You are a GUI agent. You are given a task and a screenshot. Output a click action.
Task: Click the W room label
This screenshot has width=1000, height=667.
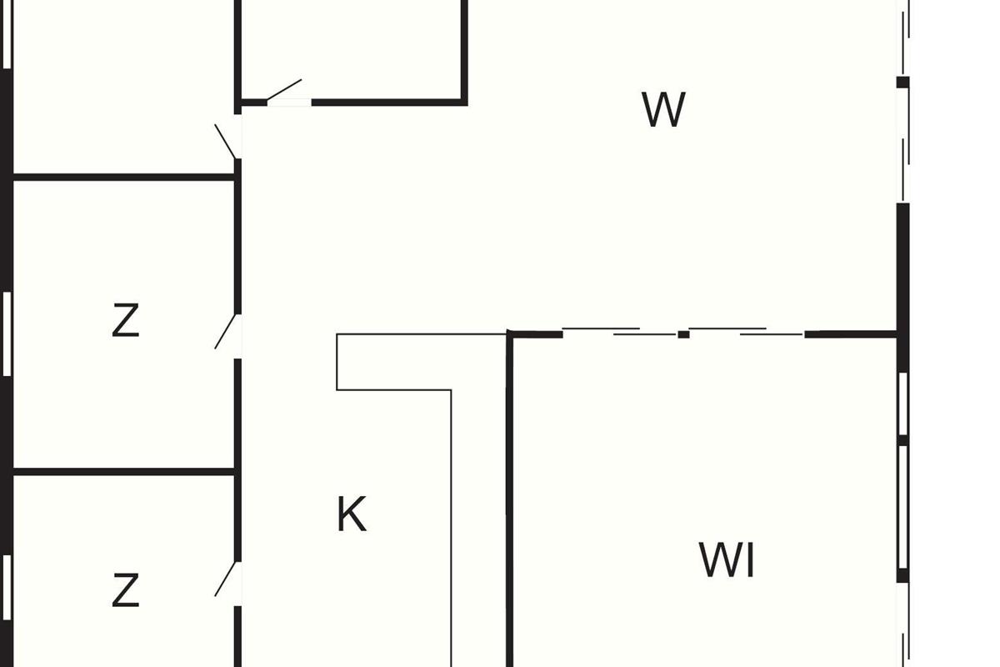pyautogui.click(x=664, y=110)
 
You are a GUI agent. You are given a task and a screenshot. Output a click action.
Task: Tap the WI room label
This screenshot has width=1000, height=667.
pyautogui.click(x=727, y=560)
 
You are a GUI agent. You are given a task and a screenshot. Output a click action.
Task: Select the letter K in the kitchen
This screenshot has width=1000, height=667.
pyautogui.click(x=351, y=514)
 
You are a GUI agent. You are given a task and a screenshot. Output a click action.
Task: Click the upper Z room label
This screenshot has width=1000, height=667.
pyautogui.click(x=125, y=321)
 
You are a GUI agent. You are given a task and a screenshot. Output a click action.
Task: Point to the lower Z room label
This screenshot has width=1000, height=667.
pyautogui.click(x=125, y=591)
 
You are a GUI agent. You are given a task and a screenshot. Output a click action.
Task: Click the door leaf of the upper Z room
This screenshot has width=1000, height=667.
pyautogui.click(x=227, y=332)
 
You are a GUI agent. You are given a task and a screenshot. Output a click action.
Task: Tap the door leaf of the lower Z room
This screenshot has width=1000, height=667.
pyautogui.click(x=227, y=579)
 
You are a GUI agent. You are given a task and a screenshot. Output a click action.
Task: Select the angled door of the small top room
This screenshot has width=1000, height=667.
pyautogui.click(x=284, y=89)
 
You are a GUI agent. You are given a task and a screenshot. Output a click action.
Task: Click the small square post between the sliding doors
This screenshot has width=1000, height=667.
pyautogui.click(x=683, y=334)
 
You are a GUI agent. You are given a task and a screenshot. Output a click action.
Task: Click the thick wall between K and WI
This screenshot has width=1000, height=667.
pyautogui.click(x=509, y=500)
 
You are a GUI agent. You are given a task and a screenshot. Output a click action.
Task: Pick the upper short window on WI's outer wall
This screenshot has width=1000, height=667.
pyautogui.click(x=902, y=403)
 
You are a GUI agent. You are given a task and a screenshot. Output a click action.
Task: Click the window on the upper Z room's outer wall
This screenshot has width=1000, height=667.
pyautogui.click(x=7, y=333)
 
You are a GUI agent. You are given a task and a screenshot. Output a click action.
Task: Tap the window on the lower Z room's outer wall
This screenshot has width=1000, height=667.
pyautogui.click(x=7, y=588)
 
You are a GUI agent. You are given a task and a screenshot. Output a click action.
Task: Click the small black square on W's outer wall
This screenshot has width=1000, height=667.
pyautogui.click(x=902, y=82)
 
